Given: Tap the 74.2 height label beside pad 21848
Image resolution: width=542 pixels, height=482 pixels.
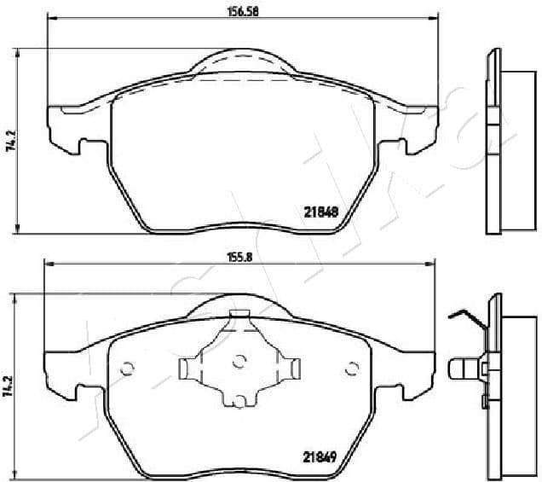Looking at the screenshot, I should tap(11, 140).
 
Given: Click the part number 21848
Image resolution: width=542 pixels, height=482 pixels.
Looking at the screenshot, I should tap(321, 212).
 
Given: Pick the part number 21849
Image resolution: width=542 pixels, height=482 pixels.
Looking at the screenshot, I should tap(321, 456).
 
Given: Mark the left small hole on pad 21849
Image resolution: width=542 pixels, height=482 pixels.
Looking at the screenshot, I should tap(128, 369).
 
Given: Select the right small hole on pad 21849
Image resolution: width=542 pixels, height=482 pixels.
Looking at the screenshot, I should tap(350, 369).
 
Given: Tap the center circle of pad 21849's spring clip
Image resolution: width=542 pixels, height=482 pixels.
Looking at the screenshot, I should tap(239, 361).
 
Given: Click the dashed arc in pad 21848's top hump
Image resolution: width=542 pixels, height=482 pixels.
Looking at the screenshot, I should tap(242, 58).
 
